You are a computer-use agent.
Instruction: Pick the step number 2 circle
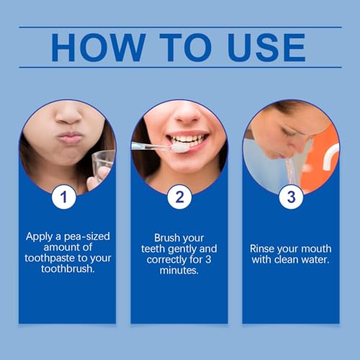click(179, 197)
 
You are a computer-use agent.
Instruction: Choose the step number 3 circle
click(291, 197)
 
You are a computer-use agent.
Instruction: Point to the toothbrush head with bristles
click(178, 147)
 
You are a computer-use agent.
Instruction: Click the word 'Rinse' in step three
click(265, 248)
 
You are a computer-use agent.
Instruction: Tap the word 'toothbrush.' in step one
click(66, 270)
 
